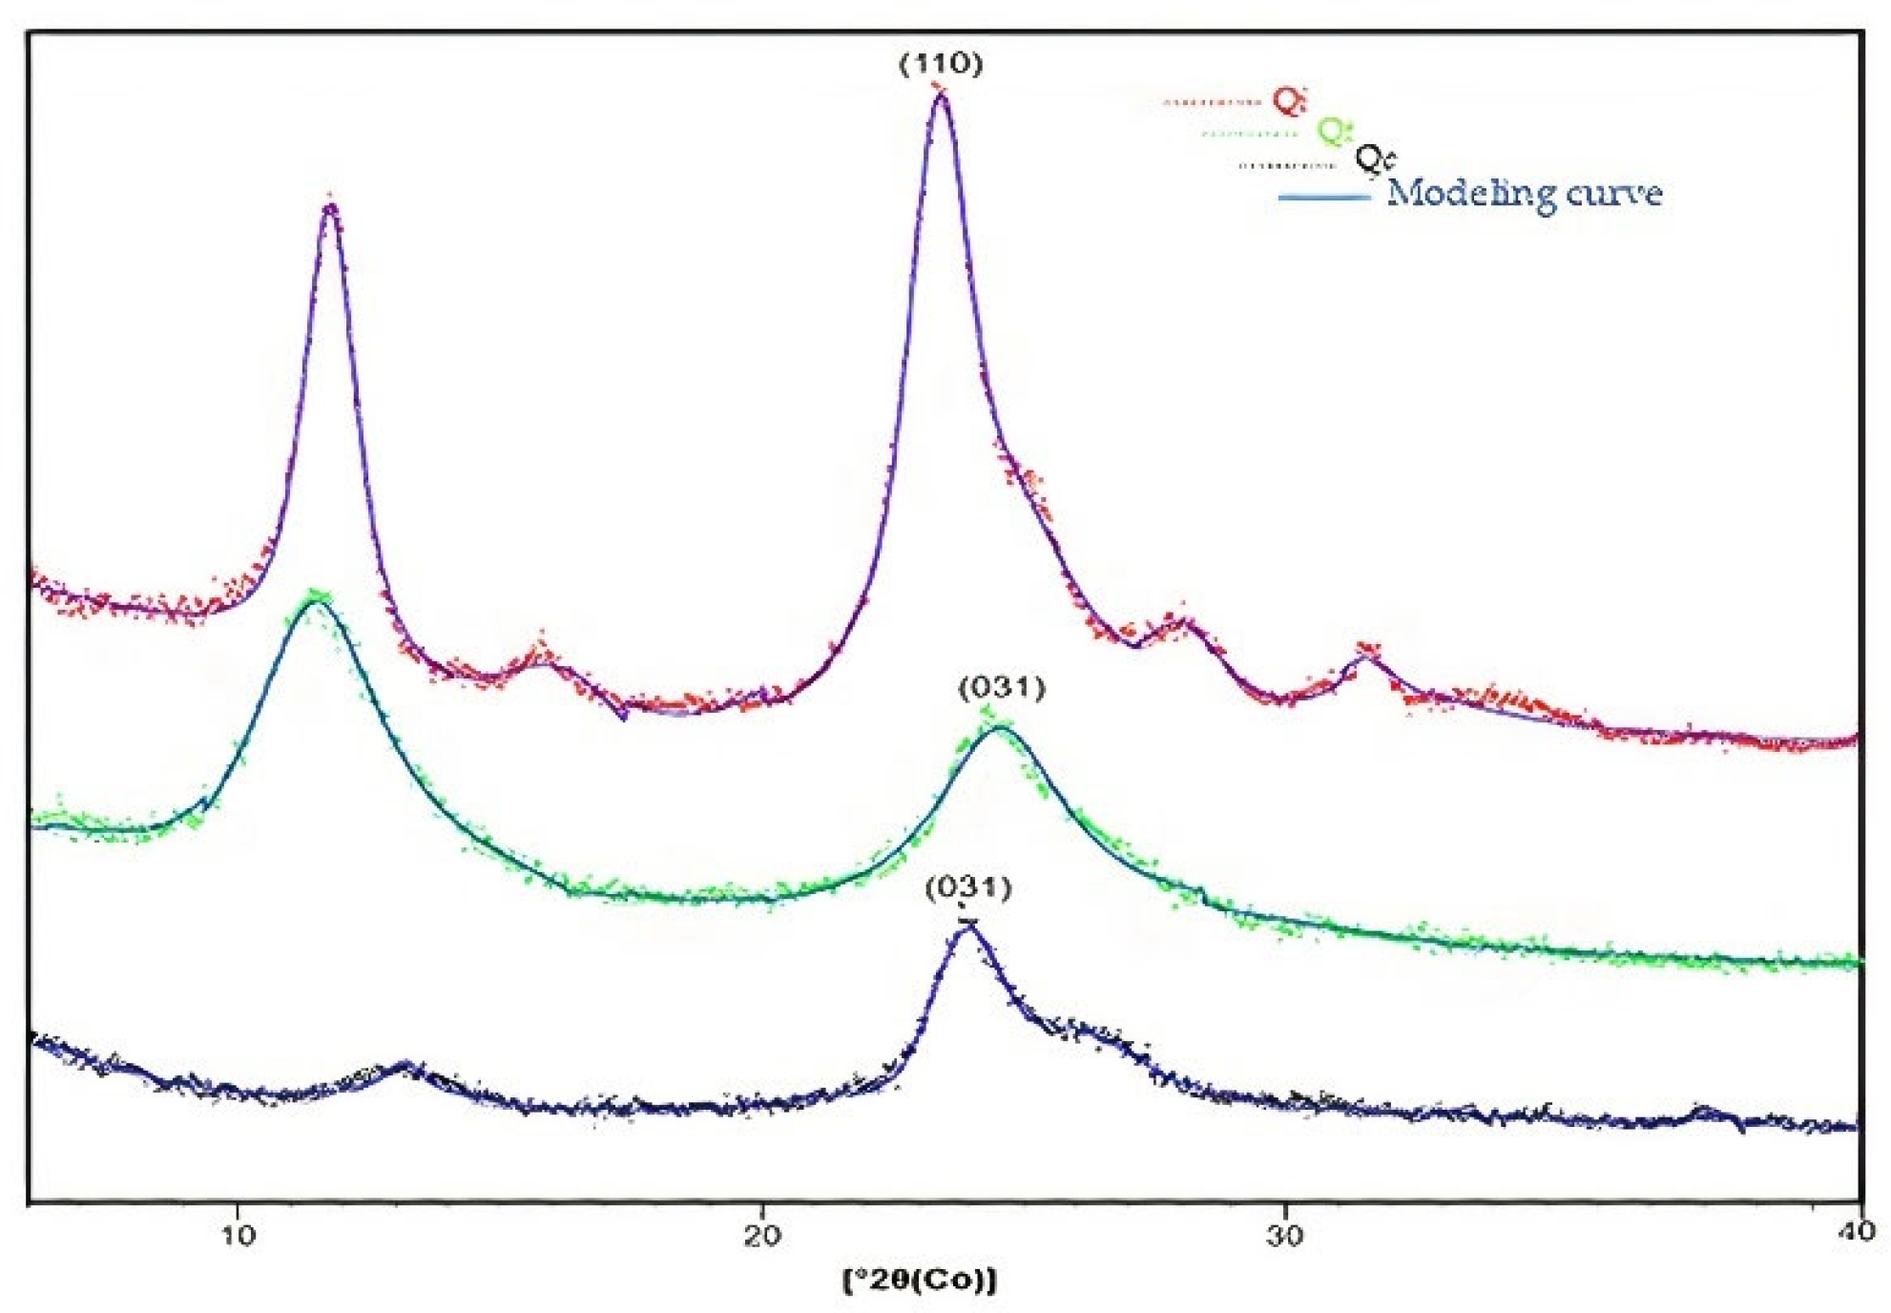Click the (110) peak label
[941, 64]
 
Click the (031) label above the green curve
[1002, 688]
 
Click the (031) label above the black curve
[968, 887]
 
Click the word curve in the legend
[1615, 194]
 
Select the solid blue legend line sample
[1323, 198]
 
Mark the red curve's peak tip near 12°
[331, 207]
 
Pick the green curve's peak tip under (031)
[999, 728]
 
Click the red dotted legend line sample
[1212, 101]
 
